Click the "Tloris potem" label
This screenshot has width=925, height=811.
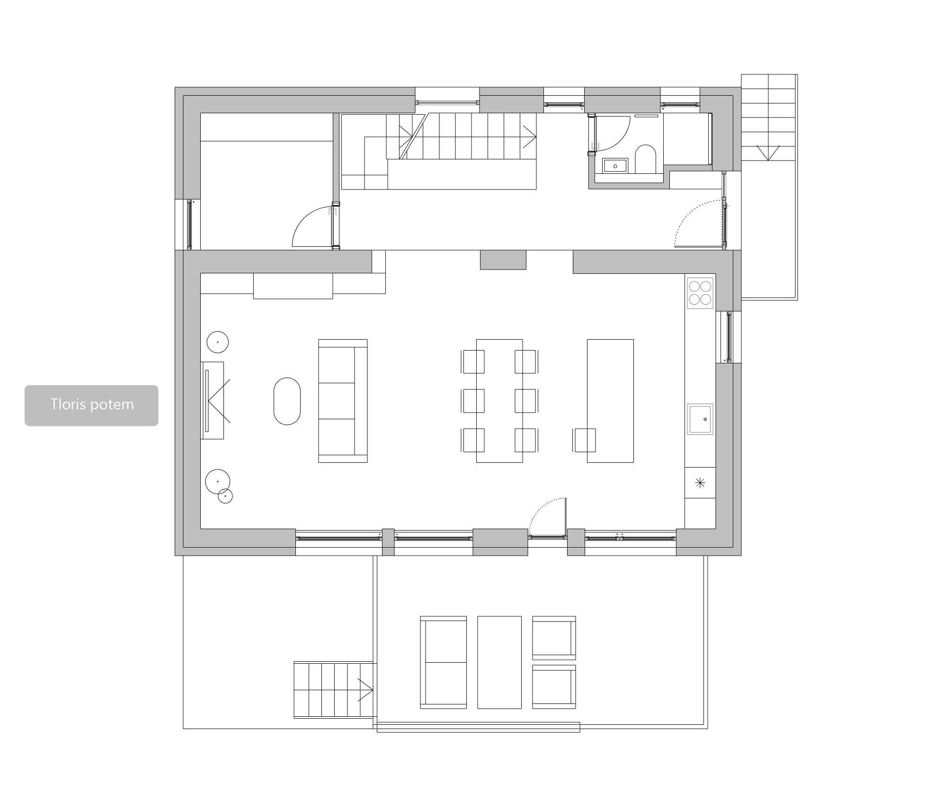pyautogui.click(x=92, y=405)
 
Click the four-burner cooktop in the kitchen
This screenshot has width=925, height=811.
pyautogui.click(x=700, y=293)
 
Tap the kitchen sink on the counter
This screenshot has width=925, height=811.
pyautogui.click(x=700, y=419)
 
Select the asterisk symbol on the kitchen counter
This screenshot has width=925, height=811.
pyautogui.click(x=700, y=483)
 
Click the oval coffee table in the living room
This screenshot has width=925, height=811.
pyautogui.click(x=287, y=401)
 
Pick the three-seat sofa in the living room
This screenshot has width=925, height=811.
pyautogui.click(x=343, y=401)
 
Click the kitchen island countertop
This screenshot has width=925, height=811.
pyautogui.click(x=610, y=401)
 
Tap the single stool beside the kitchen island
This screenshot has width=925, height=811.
pyautogui.click(x=585, y=440)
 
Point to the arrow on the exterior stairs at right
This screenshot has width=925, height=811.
pyautogui.click(x=768, y=153)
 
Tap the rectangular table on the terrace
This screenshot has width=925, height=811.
pyautogui.click(x=499, y=662)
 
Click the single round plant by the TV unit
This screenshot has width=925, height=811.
pyautogui.click(x=218, y=342)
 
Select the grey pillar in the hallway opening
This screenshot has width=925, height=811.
pyautogui.click(x=503, y=260)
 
